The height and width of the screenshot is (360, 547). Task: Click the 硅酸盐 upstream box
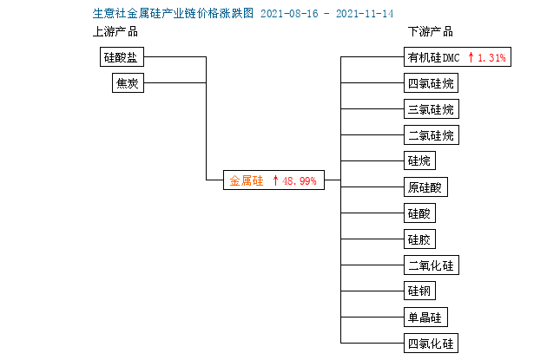[x=122, y=56]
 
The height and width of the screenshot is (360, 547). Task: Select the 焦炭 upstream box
[x=128, y=83]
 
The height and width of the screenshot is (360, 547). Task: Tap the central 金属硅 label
[x=247, y=180]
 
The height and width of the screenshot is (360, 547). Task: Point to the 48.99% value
[x=299, y=181]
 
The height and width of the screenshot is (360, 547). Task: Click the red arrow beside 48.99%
[x=275, y=180]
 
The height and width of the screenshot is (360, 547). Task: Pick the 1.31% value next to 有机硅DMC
[x=491, y=57]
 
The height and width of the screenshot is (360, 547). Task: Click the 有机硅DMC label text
[x=433, y=57]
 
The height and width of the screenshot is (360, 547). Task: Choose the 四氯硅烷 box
[x=431, y=83]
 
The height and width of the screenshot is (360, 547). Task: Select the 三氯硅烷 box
[x=432, y=109]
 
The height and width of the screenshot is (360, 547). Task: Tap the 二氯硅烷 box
[x=432, y=134]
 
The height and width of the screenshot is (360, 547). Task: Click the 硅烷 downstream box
[x=419, y=160]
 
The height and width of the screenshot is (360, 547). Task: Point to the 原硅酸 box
[x=425, y=187]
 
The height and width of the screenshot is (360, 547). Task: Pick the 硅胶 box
[x=419, y=239]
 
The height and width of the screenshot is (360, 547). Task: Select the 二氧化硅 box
[x=432, y=265]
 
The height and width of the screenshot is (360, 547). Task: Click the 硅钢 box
[x=419, y=291]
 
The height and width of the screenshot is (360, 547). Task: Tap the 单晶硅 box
[x=425, y=317]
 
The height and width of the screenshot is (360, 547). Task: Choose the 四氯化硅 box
[x=431, y=344]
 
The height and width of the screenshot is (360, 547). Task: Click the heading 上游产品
[x=115, y=32]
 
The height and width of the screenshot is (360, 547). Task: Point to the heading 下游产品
[x=431, y=32]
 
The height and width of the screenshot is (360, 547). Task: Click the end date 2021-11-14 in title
[x=365, y=14]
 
